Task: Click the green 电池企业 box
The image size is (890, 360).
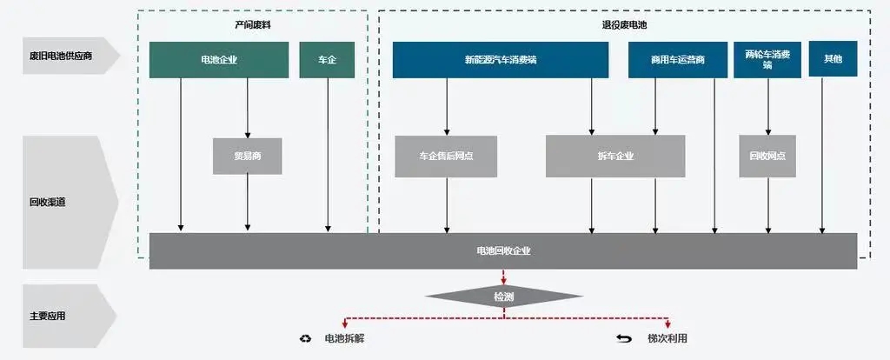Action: point(218,60)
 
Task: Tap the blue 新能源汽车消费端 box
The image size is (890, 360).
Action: point(500,60)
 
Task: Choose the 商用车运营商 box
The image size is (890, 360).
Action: point(677,60)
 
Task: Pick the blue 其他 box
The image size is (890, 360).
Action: point(833,58)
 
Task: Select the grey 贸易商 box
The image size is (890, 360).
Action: point(247,157)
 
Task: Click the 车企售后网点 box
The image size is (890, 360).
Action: point(446,157)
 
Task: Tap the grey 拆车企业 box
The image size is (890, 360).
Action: point(614,157)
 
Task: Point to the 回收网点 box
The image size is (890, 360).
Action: point(767,157)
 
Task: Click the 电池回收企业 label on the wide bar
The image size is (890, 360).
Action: point(503,250)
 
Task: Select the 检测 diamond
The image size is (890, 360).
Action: point(502,297)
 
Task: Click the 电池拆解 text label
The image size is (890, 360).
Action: point(344,338)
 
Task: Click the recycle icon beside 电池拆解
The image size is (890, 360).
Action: point(305,338)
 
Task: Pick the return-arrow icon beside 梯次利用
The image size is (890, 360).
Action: point(624,338)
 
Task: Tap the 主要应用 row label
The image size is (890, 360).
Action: point(47,316)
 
